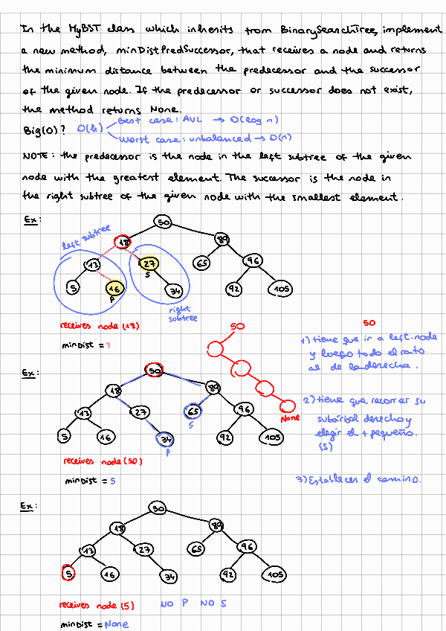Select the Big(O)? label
(44, 131)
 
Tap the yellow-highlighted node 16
(113, 289)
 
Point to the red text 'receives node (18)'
(100, 326)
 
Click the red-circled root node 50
(155, 370)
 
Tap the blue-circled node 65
(193, 411)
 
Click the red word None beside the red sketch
(291, 418)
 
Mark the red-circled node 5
(68, 574)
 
